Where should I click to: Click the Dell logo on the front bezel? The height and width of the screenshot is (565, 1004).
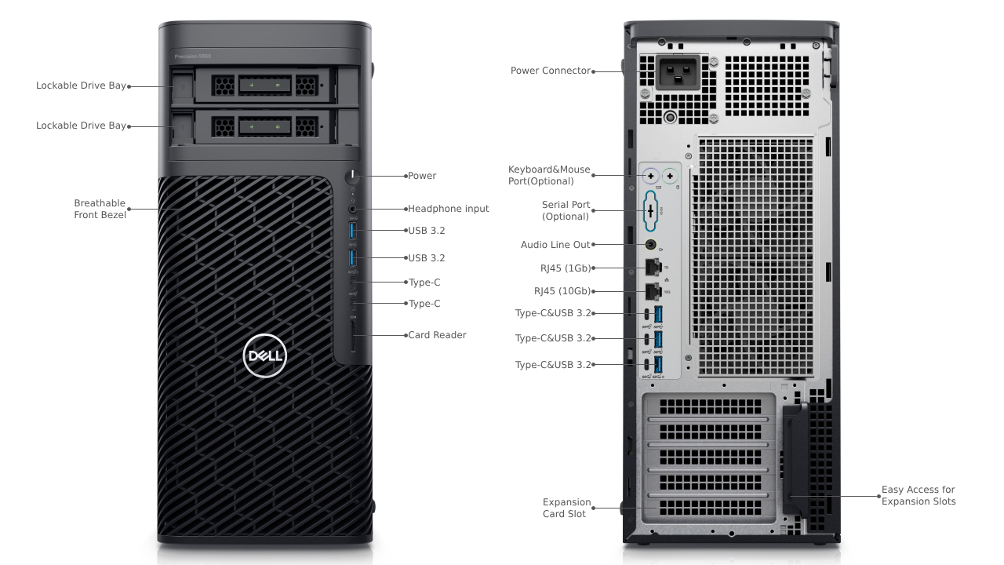pyautogui.click(x=265, y=356)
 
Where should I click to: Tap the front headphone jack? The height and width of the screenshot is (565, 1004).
pyautogui.click(x=353, y=209)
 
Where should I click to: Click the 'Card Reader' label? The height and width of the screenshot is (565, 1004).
pyautogui.click(x=437, y=335)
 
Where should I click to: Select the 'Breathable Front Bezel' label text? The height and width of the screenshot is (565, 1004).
pyautogui.click(x=100, y=209)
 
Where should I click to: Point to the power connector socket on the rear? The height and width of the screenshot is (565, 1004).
pyautogui.click(x=678, y=75)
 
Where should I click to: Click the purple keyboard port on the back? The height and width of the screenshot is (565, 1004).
pyautogui.click(x=650, y=175)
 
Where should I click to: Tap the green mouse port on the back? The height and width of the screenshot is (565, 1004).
pyautogui.click(x=670, y=175)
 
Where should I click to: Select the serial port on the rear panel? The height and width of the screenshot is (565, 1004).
pyautogui.click(x=650, y=210)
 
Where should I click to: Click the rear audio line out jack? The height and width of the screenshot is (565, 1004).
pyautogui.click(x=651, y=245)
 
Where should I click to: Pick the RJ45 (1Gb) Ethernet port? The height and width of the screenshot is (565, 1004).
pyautogui.click(x=652, y=268)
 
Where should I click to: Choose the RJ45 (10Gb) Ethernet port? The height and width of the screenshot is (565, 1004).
pyautogui.click(x=652, y=291)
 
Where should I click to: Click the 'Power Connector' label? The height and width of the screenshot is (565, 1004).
pyautogui.click(x=551, y=71)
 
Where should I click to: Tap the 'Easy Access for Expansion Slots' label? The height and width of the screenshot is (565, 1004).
pyautogui.click(x=919, y=495)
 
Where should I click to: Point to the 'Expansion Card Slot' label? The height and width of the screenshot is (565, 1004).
pyautogui.click(x=566, y=508)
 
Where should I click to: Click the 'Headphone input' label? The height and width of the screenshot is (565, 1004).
pyautogui.click(x=448, y=209)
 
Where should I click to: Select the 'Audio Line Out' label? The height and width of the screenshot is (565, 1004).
pyautogui.click(x=555, y=245)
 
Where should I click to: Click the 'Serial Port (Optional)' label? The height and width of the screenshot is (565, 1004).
pyautogui.click(x=566, y=210)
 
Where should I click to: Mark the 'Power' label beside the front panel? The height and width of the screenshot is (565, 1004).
pyautogui.click(x=422, y=176)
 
